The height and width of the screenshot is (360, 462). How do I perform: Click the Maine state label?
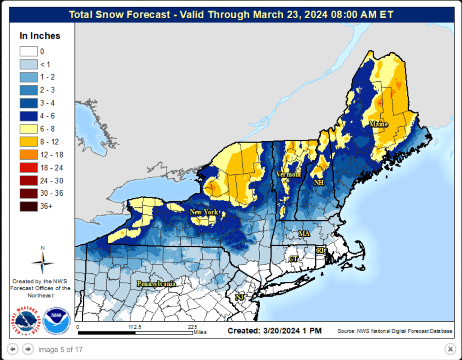(x=378, y=124)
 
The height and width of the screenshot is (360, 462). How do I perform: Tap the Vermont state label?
(x=288, y=174)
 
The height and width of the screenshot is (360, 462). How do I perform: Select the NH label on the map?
(x=319, y=183)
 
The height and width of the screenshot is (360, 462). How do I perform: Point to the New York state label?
(x=204, y=212)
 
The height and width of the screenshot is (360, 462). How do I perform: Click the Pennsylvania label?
(x=156, y=284)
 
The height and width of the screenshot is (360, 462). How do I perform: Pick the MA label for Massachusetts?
(x=304, y=233)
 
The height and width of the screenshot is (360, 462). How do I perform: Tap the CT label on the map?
(x=293, y=258)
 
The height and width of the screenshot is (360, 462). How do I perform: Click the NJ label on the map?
(x=239, y=297)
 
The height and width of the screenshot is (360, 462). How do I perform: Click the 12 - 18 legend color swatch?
(x=28, y=155)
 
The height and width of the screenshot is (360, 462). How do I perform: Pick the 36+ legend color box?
(x=28, y=207)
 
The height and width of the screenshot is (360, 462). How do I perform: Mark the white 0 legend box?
(x=28, y=51)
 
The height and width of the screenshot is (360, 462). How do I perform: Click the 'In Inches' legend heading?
(x=40, y=36)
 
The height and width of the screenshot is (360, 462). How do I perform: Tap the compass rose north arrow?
(x=42, y=262)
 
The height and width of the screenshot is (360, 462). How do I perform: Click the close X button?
(x=450, y=349)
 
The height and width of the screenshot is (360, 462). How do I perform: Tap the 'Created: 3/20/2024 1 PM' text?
(x=274, y=331)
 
